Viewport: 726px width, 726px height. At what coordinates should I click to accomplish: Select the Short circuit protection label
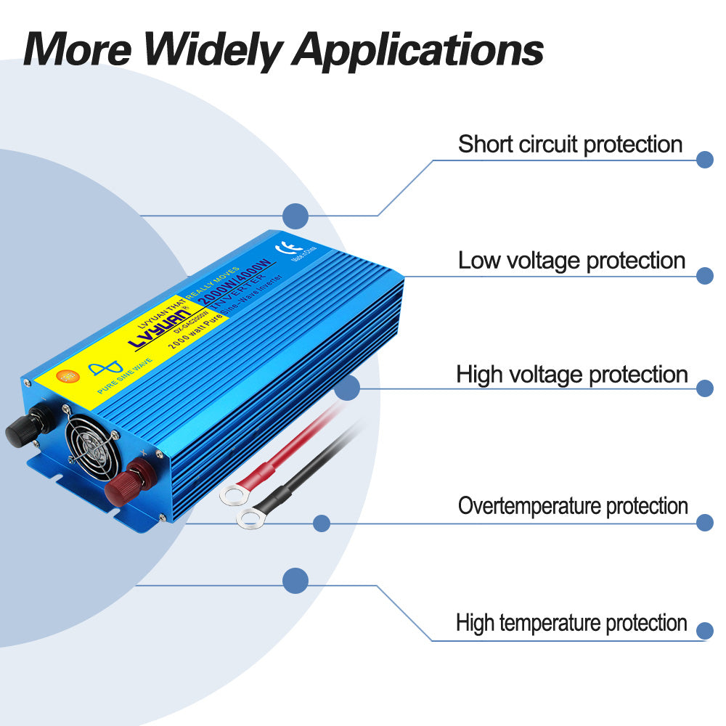click(570, 144)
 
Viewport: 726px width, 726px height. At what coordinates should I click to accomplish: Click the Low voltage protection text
click(571, 260)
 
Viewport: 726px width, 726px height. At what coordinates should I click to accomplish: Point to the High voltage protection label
click(571, 375)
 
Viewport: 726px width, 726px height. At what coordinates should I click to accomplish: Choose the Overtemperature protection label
click(572, 505)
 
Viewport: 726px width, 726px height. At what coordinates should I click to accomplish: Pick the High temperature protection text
click(571, 622)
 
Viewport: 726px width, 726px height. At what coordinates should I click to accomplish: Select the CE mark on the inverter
click(304, 248)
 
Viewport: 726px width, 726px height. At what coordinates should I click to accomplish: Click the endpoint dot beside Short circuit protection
click(704, 160)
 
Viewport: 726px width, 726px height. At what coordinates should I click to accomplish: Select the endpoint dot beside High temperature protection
click(704, 629)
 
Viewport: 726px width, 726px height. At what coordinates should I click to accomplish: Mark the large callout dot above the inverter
click(295, 216)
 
